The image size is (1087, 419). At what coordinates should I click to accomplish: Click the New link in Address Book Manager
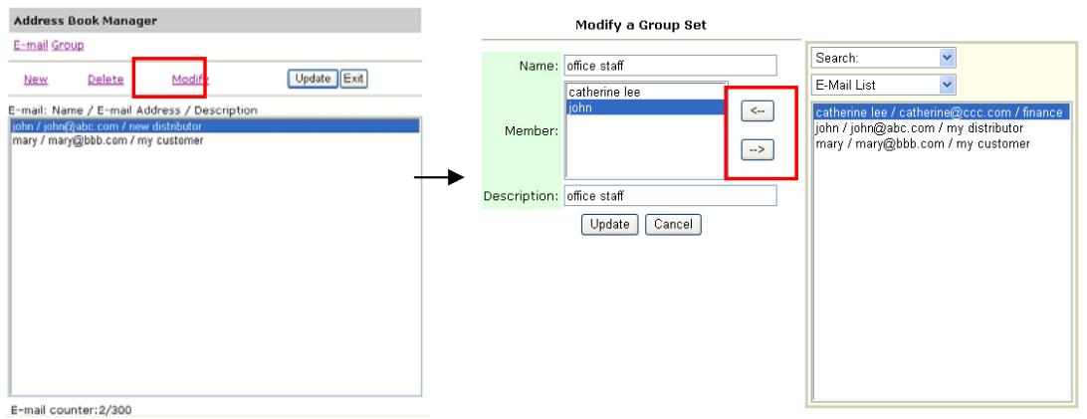coord(36,80)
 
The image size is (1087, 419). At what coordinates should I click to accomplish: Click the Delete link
coord(106,80)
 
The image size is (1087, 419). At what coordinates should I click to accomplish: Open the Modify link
coord(190,80)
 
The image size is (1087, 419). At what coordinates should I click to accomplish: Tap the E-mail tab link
coord(31,45)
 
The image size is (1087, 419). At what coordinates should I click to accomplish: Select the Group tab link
coord(68,45)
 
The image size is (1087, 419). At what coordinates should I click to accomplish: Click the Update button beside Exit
coord(313,79)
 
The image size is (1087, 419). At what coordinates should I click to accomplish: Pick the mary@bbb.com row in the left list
coord(109,140)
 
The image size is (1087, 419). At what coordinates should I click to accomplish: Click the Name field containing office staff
coord(670,66)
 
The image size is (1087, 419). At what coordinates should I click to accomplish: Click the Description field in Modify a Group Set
coord(670,196)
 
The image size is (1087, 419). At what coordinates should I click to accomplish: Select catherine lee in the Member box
coord(604,92)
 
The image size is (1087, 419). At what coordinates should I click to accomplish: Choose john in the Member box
coord(646,107)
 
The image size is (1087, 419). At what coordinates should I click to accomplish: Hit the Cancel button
coord(673,224)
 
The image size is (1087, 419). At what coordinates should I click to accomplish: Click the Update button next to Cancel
coord(609,224)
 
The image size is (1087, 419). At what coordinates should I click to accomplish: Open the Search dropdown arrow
coord(948,58)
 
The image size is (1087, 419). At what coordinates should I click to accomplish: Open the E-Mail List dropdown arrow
coord(948,86)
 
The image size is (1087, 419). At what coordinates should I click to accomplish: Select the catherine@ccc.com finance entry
coord(940,112)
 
